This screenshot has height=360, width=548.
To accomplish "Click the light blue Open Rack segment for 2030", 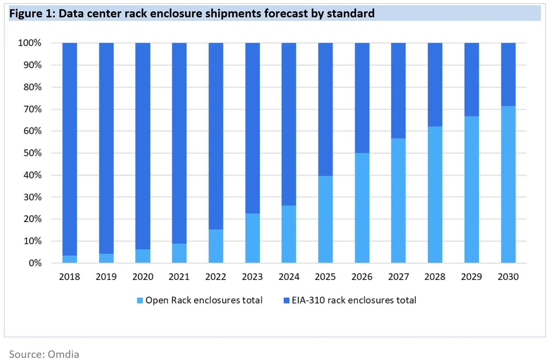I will (508, 184).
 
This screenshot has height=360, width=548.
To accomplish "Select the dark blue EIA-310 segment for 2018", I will (70, 149).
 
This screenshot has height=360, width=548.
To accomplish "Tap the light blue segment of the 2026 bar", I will (362, 208).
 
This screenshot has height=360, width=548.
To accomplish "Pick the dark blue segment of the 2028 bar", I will (435, 85).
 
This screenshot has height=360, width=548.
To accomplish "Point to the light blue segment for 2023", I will (252, 238).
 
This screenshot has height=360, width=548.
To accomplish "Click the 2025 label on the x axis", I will (325, 277).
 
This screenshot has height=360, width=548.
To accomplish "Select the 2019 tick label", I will (106, 277).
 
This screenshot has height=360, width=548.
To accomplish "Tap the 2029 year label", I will (471, 277).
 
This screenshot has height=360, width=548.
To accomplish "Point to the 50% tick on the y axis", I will (33, 153).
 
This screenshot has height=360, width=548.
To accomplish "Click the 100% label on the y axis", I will (30, 43).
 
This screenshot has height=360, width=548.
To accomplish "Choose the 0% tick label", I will (35, 263).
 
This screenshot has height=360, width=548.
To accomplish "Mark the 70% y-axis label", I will (33, 109).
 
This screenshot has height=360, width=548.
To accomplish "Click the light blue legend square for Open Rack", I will (140, 301).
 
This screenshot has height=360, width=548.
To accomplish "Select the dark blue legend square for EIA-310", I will (287, 301).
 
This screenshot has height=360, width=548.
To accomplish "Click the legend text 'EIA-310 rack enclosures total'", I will (354, 300).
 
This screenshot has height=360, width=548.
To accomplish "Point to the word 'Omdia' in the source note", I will (63, 354).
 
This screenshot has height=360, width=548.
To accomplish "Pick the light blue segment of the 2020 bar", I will (143, 256).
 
